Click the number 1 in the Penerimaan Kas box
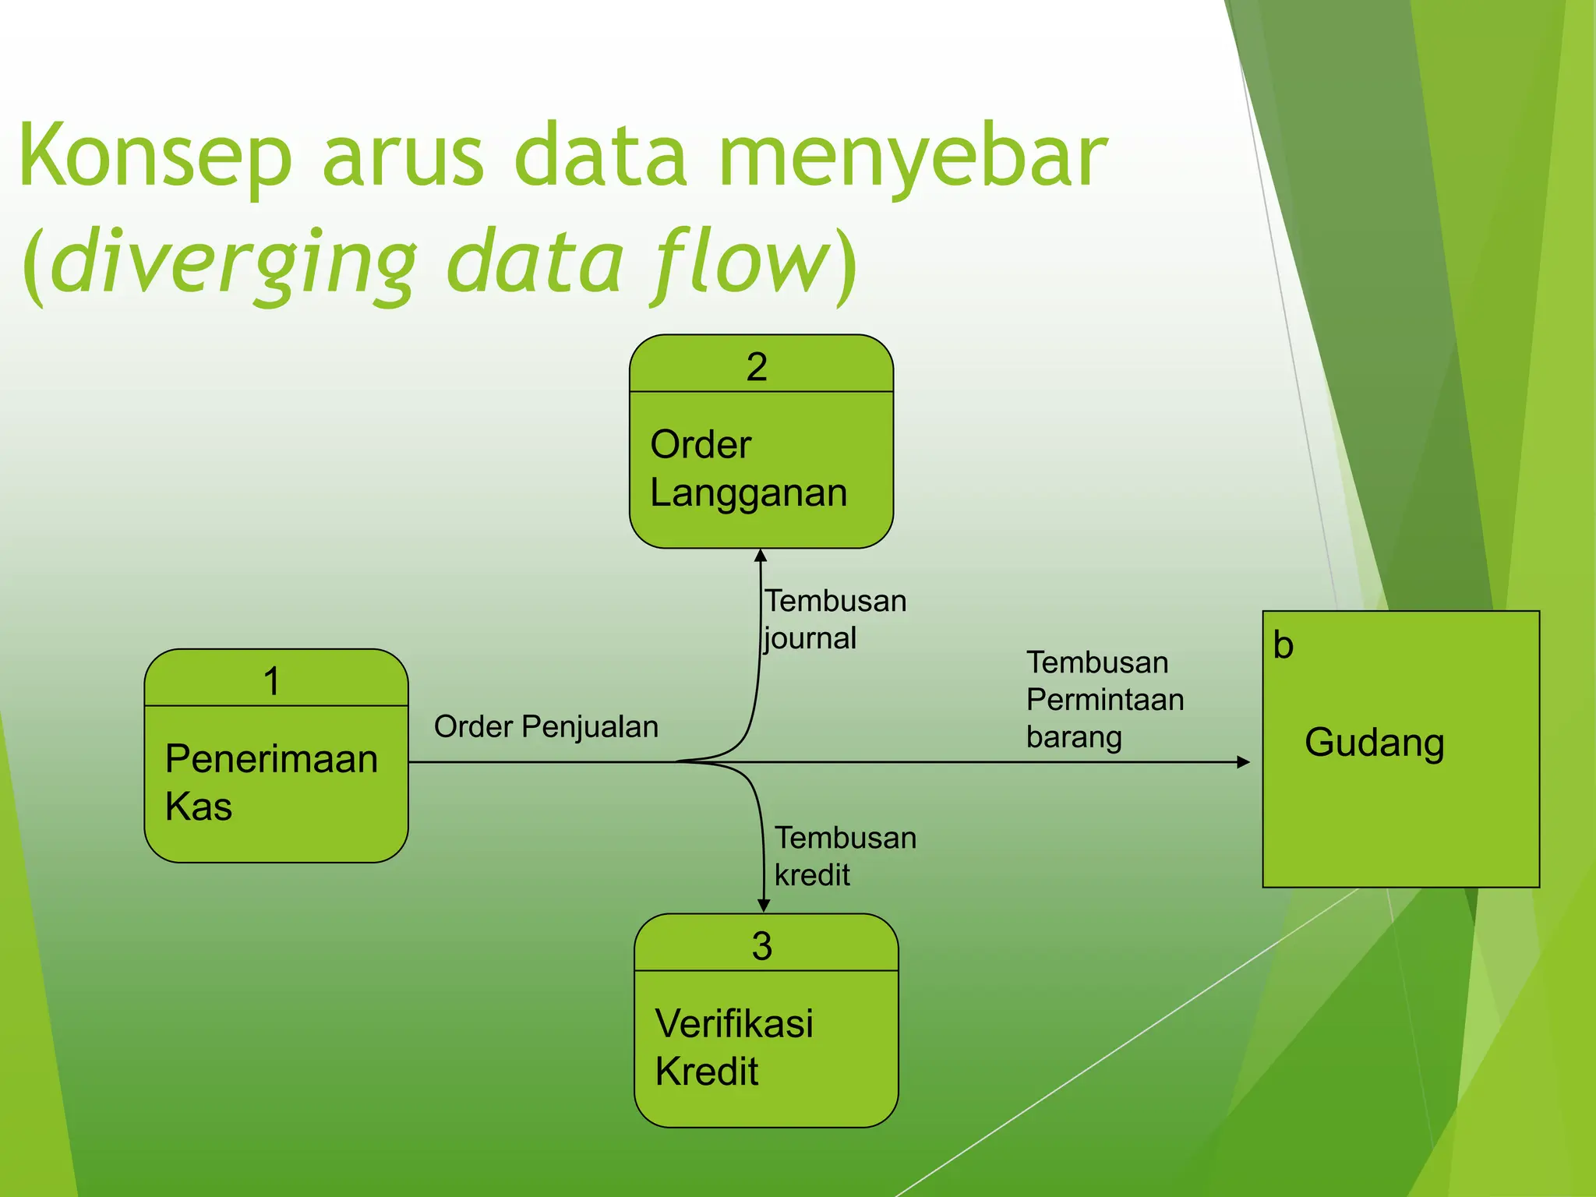[271, 682]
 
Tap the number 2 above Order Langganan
[757, 367]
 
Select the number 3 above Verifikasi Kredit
[761, 946]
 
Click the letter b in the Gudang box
[1283, 646]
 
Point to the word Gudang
[1374, 743]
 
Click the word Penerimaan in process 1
[271, 759]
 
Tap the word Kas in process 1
[199, 807]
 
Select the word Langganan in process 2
[748, 493]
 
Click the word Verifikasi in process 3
[734, 1024]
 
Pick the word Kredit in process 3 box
[706, 1072]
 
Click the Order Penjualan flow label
[546, 727]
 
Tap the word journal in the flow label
[810, 639]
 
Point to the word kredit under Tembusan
[812, 875]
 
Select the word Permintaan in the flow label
[1104, 700]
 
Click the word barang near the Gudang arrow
[1074, 737]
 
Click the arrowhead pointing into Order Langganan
[761, 556]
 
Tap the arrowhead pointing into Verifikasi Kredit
[764, 906]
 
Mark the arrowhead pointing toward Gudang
[1243, 762]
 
